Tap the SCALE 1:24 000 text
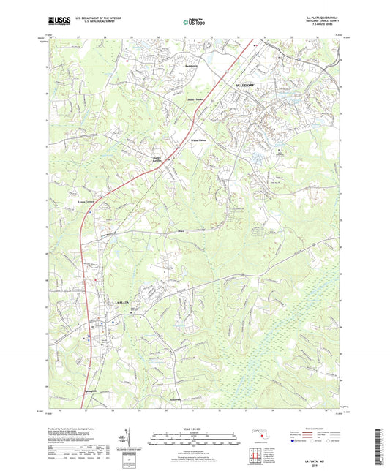195,427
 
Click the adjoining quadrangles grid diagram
255,456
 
